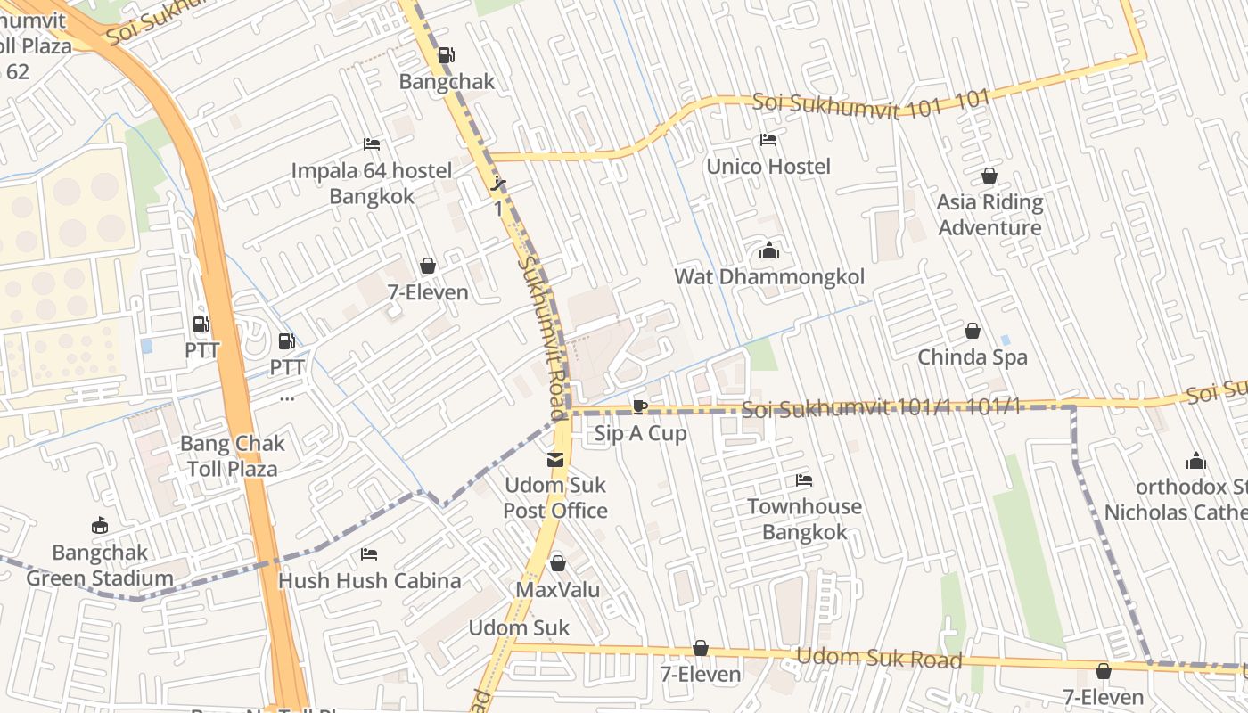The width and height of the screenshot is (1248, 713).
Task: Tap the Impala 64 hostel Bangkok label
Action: coord(372,183)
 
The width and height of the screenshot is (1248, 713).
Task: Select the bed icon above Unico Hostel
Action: coord(768,140)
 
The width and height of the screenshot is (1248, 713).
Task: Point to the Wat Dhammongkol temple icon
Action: coord(768,251)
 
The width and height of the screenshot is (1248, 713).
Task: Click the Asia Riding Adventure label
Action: coord(989,215)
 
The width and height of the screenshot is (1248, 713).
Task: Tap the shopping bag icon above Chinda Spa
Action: coord(973,332)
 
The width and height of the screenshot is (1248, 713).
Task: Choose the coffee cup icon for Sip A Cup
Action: coord(639,407)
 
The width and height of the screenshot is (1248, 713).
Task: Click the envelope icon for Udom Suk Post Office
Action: coord(555,460)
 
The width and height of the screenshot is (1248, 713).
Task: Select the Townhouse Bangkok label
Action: coord(804,520)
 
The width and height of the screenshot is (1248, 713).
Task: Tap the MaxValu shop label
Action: coord(558,590)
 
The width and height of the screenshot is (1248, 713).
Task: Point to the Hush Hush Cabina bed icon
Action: coord(369,554)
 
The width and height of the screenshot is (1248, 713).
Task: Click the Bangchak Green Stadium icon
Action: coord(100,526)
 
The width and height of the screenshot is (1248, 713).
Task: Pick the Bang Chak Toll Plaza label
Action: coord(232,455)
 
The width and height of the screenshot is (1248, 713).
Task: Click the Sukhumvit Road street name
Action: coord(543,339)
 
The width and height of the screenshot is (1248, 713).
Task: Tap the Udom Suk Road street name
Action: coord(878,659)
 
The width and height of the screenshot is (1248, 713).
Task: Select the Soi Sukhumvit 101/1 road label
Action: coord(881,409)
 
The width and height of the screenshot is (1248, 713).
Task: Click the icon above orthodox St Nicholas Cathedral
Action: coord(1195,461)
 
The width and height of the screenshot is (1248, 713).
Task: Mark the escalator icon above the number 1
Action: coord(499,184)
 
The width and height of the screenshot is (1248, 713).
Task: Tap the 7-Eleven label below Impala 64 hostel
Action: coord(428,292)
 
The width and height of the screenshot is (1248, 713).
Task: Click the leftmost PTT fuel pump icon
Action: coord(201,324)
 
